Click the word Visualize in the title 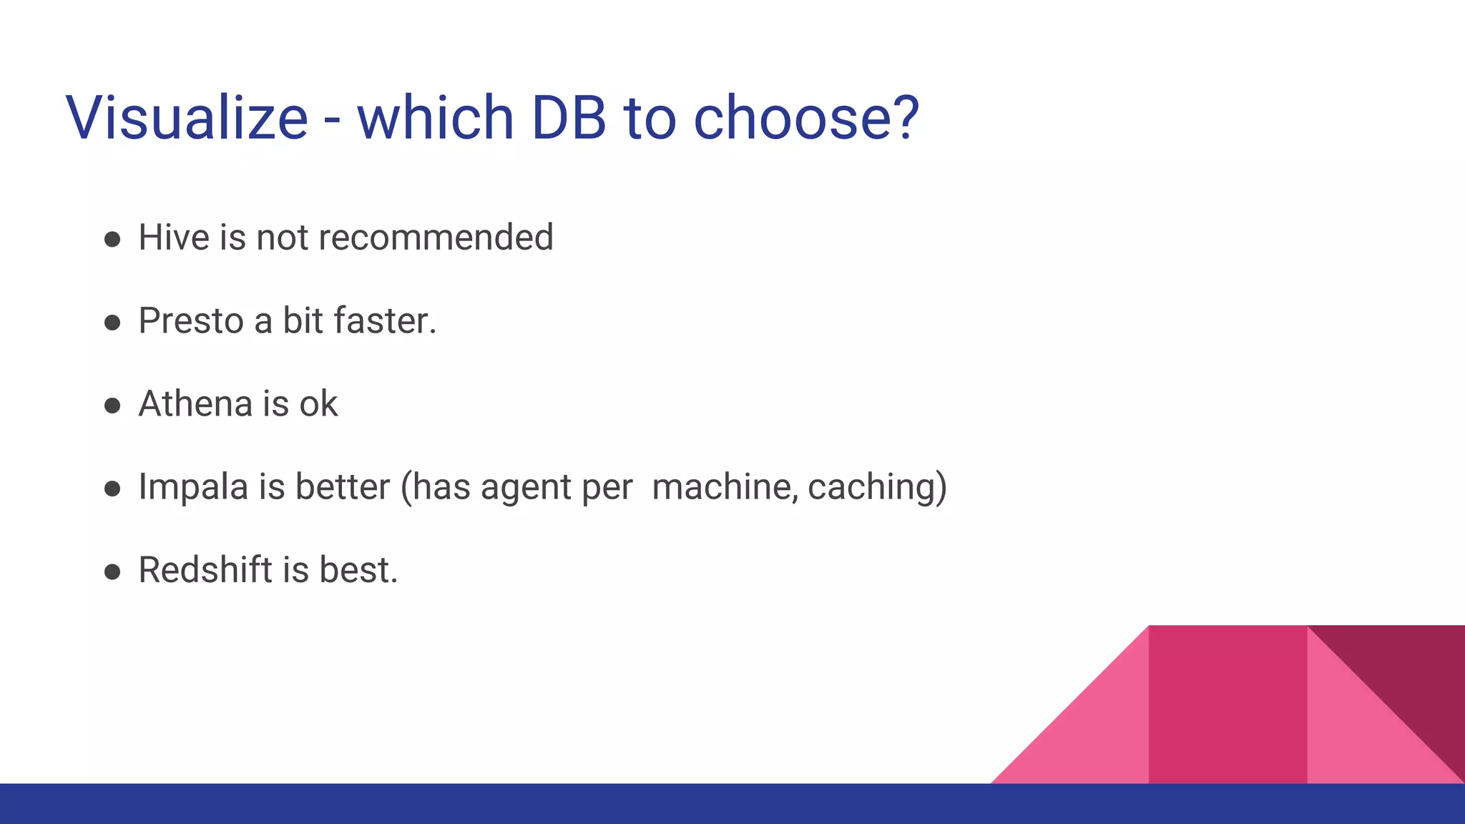point(187,117)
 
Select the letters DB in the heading point(569,117)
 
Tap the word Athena point(195,403)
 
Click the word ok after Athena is point(318,403)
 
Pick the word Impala point(192,487)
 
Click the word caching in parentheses point(871,487)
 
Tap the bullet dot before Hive point(112,239)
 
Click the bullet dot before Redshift point(112,572)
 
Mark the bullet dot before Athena point(112,406)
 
